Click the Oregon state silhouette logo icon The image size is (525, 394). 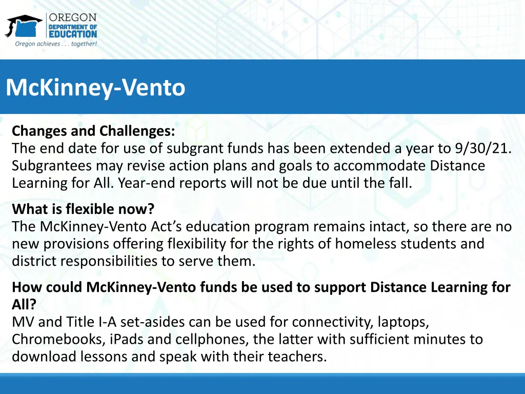(x=24, y=26)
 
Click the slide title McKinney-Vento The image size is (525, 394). (x=95, y=87)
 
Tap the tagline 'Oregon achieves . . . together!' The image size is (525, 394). (x=56, y=44)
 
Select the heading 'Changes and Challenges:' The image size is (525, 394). (x=93, y=131)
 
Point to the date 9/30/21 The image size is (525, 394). (x=483, y=148)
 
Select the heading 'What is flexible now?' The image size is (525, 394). (x=83, y=209)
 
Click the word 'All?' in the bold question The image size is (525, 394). (x=24, y=305)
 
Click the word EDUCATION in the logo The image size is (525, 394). (x=73, y=34)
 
